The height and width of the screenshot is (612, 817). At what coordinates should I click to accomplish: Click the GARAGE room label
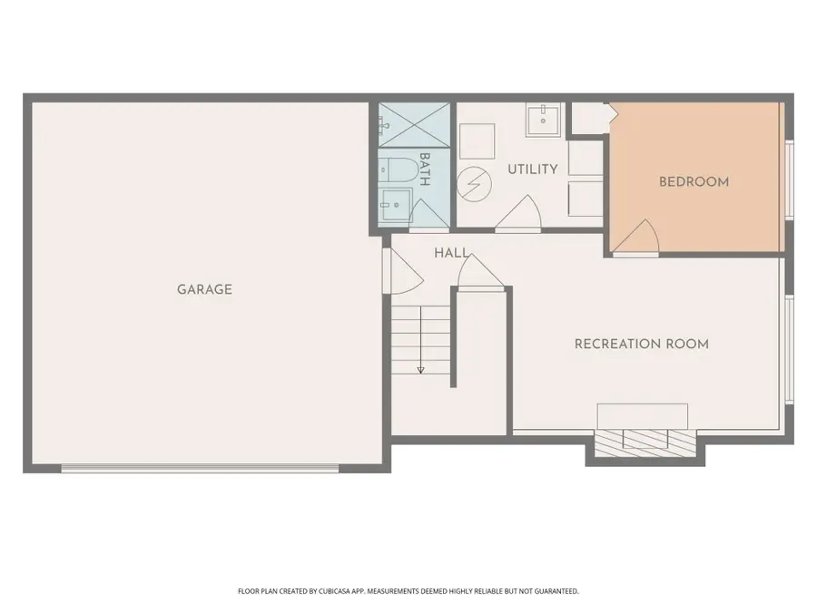(x=204, y=289)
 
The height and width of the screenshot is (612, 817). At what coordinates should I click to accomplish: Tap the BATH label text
(x=425, y=170)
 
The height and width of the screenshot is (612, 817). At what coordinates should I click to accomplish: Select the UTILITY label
(x=533, y=170)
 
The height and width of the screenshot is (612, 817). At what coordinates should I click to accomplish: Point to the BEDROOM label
(x=694, y=181)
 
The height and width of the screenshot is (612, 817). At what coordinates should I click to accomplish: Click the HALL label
(x=451, y=253)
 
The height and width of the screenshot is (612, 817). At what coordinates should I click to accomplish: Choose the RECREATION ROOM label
(x=642, y=344)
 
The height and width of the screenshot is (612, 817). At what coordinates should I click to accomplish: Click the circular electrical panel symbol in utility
(x=474, y=184)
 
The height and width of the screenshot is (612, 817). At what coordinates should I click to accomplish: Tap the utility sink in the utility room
(x=543, y=121)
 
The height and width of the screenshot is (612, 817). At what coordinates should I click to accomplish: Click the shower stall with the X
(x=414, y=125)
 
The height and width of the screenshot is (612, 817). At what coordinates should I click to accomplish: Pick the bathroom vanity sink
(x=396, y=205)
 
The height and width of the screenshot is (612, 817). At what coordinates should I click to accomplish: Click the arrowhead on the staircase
(x=420, y=370)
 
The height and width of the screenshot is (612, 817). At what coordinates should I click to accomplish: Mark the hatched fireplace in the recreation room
(x=645, y=441)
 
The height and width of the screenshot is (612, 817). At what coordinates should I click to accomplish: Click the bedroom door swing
(x=636, y=238)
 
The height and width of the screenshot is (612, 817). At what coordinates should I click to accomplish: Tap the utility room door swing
(x=518, y=212)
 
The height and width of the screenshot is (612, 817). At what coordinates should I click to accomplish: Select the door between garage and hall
(x=402, y=270)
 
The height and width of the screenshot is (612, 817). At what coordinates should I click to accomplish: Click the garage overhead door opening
(x=200, y=469)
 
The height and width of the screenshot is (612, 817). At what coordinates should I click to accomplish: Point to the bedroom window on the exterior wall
(x=790, y=180)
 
